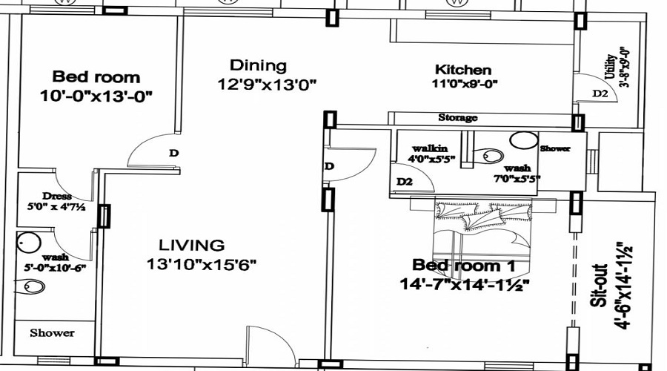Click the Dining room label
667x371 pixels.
pyautogui.click(x=258, y=65)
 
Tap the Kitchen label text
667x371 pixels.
pyautogui.click(x=463, y=70)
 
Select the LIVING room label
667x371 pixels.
pyautogui.click(x=192, y=246)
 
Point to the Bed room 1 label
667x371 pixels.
pyautogui.click(x=464, y=266)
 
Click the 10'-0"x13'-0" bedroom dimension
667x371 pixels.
pyautogui.click(x=96, y=96)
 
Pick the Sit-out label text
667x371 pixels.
pyautogui.click(x=600, y=286)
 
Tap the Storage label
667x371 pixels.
pyautogui.click(x=458, y=117)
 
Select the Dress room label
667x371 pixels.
pyautogui.click(x=57, y=197)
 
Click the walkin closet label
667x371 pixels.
pyautogui.click(x=430, y=148)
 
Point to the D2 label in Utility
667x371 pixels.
pyautogui.click(x=600, y=93)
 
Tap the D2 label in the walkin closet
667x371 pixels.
pyautogui.click(x=405, y=182)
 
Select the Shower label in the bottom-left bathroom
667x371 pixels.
pyautogui.click(x=53, y=332)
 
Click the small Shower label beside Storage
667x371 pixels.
pyautogui.click(x=555, y=148)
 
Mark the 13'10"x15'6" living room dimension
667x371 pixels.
pyautogui.click(x=202, y=264)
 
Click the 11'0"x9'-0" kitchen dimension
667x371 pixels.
pyautogui.click(x=465, y=84)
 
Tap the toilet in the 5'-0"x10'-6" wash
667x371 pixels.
pyautogui.click(x=30, y=286)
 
